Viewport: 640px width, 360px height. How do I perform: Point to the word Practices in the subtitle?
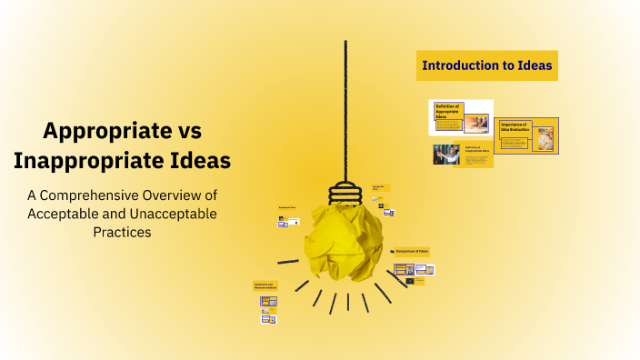coord(121,232)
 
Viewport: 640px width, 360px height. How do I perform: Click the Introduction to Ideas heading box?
coord(486,65)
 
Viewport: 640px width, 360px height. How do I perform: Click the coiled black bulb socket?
coord(345,192)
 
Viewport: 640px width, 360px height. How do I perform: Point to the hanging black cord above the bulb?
coord(345,109)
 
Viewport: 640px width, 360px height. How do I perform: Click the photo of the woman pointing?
coord(445,155)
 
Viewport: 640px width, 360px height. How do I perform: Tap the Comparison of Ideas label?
coord(412,250)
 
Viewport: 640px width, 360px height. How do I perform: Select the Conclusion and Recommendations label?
coord(265,285)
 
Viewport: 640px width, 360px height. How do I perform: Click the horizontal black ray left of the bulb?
coord(288,262)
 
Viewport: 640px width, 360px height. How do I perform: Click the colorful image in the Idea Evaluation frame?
coord(545,137)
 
